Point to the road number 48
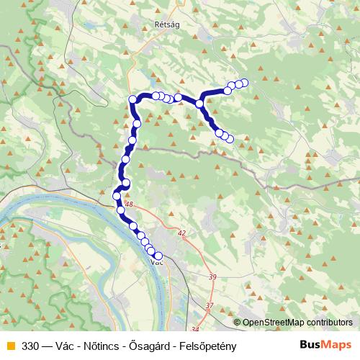(129, 205)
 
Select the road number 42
(181, 233)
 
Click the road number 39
(212, 277)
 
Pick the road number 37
(210, 306)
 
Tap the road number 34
(194, 330)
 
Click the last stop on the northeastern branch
(244, 82)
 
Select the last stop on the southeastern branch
(230, 139)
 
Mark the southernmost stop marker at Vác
(158, 256)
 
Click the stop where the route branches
(199, 104)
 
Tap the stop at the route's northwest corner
(132, 99)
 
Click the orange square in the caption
(9, 345)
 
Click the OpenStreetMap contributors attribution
(297, 323)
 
